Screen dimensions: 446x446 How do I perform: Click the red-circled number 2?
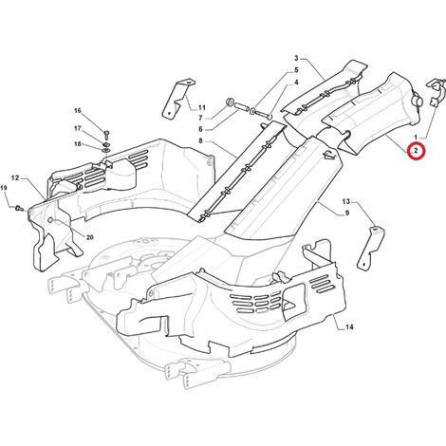417,151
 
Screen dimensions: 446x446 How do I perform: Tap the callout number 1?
416,138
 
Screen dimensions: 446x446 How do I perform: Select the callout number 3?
296,58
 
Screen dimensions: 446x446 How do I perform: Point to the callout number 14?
349,327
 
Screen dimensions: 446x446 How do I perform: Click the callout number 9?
347,214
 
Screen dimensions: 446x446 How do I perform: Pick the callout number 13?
346,201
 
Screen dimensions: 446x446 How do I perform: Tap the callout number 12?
15,178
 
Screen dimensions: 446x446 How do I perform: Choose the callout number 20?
90,237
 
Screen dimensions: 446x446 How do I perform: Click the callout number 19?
4,188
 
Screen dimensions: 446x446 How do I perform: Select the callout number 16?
78,111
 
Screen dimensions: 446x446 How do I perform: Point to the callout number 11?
202,108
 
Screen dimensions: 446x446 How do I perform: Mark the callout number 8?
200,140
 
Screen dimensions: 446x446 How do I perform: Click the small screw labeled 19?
20,208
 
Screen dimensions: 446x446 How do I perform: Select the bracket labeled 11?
177,99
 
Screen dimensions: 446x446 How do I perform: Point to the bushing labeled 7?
229,102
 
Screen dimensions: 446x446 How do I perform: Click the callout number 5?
296,70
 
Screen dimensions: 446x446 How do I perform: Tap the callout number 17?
78,129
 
